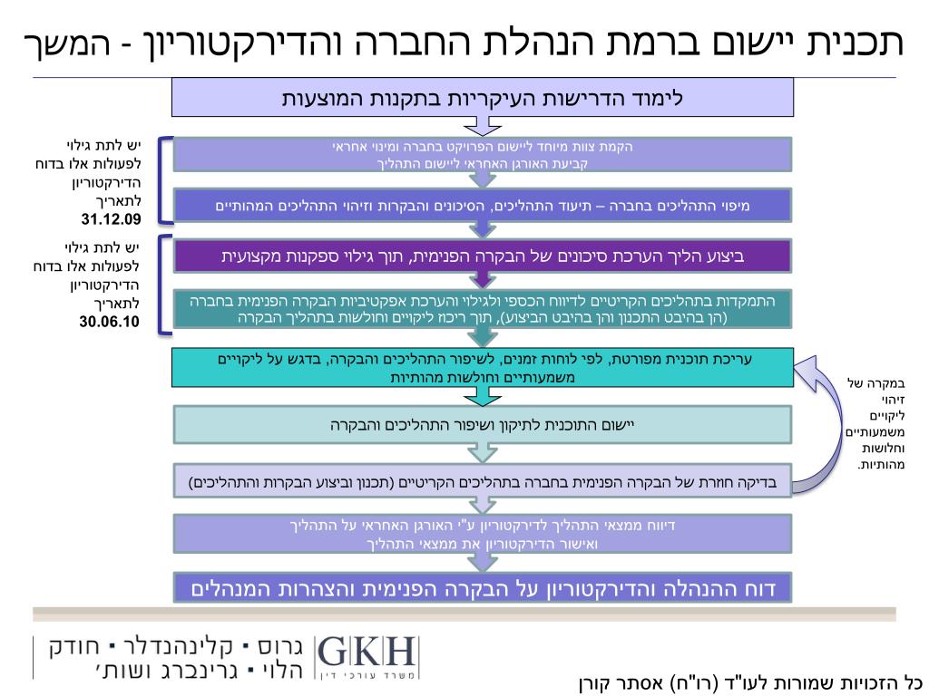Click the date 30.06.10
pyautogui.click(x=109, y=322)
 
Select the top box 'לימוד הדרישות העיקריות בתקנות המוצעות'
pyautogui.click(x=483, y=97)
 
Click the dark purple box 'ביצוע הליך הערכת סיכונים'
pyautogui.click(x=483, y=256)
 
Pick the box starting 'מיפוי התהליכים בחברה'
pyautogui.click(x=483, y=206)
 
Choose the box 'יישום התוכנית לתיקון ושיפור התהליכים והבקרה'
pyautogui.click(x=483, y=424)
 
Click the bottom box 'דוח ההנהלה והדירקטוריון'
pyautogui.click(x=483, y=590)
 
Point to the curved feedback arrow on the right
pyautogui.click(x=821, y=426)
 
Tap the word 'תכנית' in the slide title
pyautogui.click(x=858, y=42)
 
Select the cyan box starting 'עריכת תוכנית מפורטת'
pyautogui.click(x=483, y=368)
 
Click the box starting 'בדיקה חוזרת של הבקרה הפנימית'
pyautogui.click(x=483, y=481)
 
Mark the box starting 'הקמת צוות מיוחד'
pyautogui.click(x=483, y=155)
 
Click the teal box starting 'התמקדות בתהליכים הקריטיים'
pyautogui.click(x=483, y=309)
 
